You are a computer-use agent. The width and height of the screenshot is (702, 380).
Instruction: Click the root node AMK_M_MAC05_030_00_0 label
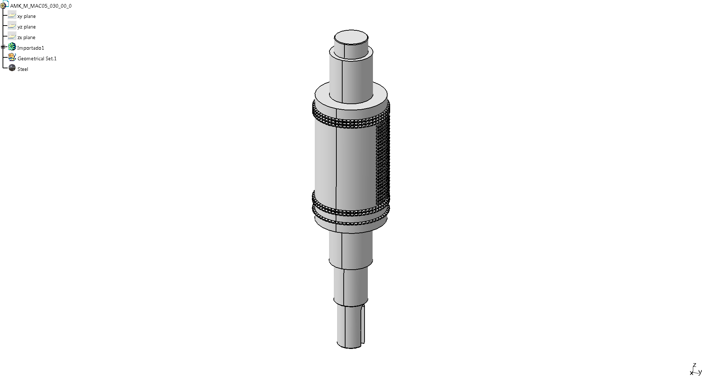41,6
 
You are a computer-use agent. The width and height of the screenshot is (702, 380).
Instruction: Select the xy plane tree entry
26,16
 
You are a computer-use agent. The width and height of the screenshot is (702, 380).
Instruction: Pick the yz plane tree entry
26,27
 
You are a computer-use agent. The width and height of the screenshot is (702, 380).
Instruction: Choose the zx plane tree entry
26,37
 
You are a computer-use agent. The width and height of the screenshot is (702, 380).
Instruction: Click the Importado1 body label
30,48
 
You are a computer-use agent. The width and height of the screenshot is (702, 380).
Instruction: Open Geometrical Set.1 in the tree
37,58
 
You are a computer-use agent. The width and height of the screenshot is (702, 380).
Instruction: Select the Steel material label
23,69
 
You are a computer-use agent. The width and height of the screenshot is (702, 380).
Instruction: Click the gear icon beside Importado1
12,47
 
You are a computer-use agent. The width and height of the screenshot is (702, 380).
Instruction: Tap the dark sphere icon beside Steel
12,68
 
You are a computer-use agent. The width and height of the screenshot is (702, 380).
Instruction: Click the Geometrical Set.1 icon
12,58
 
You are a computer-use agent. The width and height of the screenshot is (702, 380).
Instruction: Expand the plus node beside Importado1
3,47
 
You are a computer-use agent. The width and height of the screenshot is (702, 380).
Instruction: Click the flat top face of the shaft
351,37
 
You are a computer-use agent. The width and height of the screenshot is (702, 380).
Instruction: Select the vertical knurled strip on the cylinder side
383,161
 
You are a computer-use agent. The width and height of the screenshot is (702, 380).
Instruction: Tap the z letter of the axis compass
694,365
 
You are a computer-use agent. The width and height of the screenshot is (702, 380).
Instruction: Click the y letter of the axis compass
700,372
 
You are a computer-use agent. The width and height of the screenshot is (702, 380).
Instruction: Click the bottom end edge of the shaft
350,347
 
